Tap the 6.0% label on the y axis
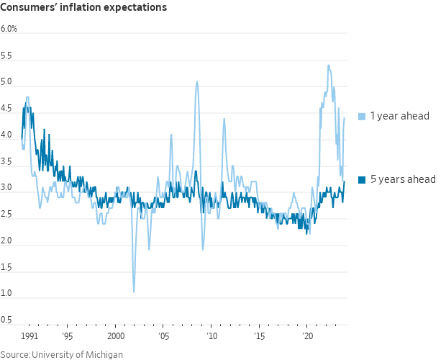pos(9,29)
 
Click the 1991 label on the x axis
pos(29,336)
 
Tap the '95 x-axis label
pos(67,336)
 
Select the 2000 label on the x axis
pos(116,336)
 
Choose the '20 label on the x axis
pos(307,336)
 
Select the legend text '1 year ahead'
pos(400,116)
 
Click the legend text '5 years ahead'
pos(403,179)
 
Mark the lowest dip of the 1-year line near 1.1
pos(134,291)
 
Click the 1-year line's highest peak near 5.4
pos(329,66)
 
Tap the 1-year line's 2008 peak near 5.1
pos(197,82)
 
